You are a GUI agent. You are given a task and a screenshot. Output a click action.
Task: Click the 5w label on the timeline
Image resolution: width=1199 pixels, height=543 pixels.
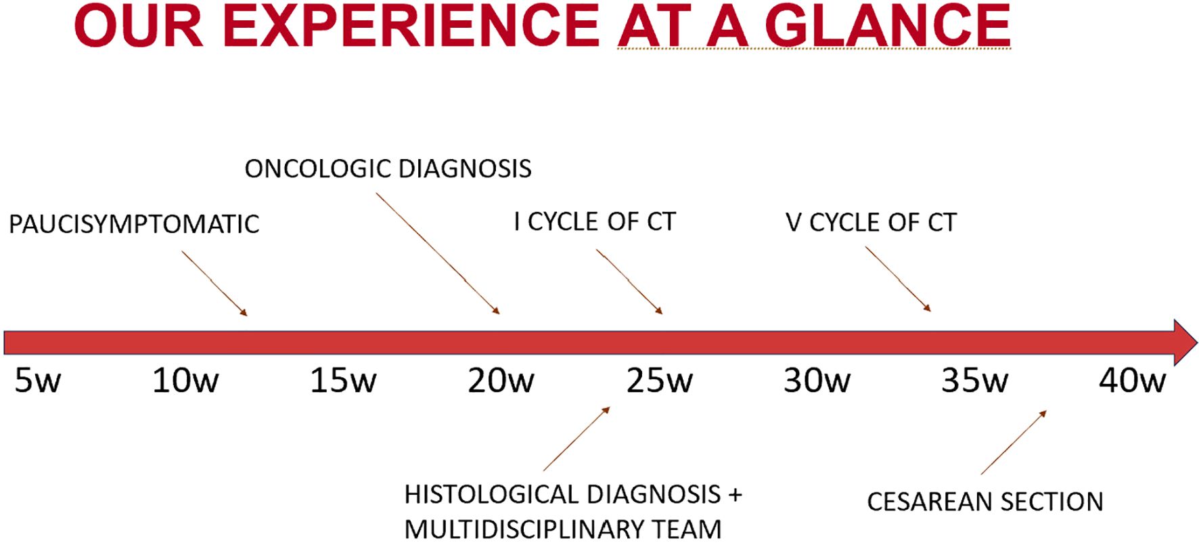(x=38, y=381)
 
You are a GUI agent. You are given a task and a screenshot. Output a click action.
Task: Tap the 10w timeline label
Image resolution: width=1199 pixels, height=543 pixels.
(x=185, y=381)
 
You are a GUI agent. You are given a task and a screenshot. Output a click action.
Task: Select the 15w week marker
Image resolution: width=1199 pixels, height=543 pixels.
(x=343, y=381)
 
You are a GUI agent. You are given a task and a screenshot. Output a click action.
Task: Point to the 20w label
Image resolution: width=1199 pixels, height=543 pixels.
(x=501, y=381)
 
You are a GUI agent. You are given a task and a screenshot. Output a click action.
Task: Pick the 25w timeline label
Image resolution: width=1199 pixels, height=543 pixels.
(x=659, y=381)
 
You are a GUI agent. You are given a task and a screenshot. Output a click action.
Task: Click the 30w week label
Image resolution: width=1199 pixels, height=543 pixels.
(x=817, y=381)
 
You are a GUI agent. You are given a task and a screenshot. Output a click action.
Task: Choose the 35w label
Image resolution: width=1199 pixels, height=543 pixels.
(x=974, y=381)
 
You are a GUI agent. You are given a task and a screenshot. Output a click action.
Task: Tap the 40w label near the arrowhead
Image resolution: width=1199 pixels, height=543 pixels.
(x=1132, y=381)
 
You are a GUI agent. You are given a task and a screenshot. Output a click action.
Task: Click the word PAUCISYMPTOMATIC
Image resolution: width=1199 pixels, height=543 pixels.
(x=134, y=224)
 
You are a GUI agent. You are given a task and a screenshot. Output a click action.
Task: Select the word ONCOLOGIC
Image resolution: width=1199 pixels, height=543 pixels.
(x=317, y=169)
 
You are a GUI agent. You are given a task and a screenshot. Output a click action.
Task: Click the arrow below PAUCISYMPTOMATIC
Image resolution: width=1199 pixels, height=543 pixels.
(x=214, y=283)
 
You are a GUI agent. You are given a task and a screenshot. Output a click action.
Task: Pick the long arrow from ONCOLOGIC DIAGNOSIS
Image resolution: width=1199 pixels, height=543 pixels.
(x=438, y=253)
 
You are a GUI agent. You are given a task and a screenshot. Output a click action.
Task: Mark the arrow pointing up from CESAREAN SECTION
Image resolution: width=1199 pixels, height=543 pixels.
(x=1014, y=442)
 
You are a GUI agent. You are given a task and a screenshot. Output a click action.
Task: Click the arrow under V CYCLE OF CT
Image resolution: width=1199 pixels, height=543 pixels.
(x=898, y=279)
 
